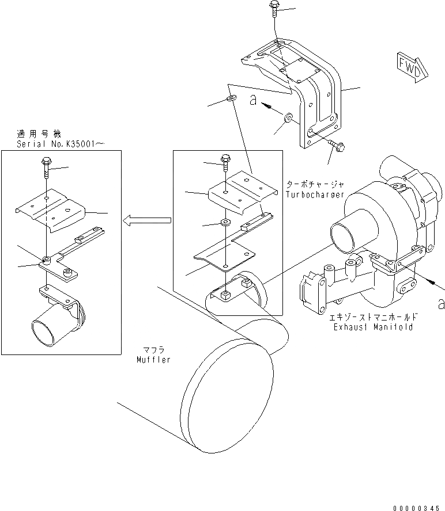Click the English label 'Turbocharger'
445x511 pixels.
coord(315,195)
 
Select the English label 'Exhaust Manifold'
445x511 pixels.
coord(373,327)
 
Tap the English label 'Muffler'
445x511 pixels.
coord(154,360)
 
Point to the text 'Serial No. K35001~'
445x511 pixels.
coord(61,143)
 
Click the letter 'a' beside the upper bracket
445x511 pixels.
coord(252,100)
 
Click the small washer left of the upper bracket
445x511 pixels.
coord(232,100)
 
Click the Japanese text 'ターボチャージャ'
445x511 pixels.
coord(315,185)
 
